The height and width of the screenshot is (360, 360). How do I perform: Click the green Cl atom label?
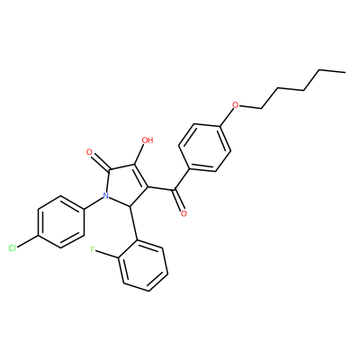(x=13, y=248)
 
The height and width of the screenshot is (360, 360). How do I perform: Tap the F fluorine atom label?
(x=93, y=249)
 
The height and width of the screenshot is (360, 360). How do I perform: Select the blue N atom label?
(x=105, y=196)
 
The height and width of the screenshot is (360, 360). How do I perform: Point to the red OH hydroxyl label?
(x=147, y=140)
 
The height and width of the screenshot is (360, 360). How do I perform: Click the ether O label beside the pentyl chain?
(x=236, y=105)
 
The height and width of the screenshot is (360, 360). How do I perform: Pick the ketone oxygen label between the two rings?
(x=184, y=213)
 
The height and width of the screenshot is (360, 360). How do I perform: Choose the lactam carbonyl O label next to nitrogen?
(x=89, y=152)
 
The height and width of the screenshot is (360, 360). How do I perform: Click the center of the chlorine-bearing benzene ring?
(x=60, y=222)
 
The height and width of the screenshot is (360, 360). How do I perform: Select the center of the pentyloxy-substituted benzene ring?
(x=204, y=148)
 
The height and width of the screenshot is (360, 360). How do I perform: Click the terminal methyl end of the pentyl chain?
(x=345, y=72)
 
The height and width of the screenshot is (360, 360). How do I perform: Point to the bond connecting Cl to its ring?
(x=28, y=241)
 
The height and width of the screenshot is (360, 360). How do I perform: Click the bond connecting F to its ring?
(x=108, y=254)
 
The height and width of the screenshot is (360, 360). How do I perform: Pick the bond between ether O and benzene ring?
(x=227, y=117)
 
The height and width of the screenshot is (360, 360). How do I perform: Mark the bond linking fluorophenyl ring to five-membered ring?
(x=134, y=223)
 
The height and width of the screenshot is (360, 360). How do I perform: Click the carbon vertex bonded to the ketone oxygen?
(x=174, y=190)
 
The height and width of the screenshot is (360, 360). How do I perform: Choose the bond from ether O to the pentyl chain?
(x=250, y=107)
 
